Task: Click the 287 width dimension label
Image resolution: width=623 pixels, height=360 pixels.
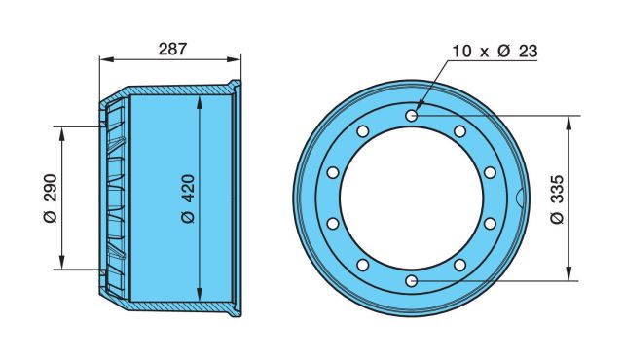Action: click(172, 49)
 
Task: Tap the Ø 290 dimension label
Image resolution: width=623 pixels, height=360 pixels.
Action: click(52, 198)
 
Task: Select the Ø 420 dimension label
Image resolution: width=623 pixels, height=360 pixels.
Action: click(188, 198)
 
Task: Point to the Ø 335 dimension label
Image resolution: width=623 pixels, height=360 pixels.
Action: click(558, 199)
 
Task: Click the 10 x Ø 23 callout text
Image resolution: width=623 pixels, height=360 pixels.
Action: click(495, 52)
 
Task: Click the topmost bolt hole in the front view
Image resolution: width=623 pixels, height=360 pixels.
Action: click(411, 116)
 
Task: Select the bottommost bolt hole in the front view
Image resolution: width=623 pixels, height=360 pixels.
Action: click(411, 281)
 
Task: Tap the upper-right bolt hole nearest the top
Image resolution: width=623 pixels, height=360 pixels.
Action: click(459, 131)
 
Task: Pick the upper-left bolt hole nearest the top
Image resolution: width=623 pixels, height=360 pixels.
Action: click(363, 131)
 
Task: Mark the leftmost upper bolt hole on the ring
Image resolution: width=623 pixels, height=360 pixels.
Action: click(333, 172)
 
